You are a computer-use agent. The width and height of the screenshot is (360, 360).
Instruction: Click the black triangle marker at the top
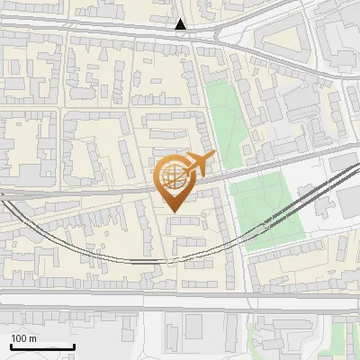click(181, 24)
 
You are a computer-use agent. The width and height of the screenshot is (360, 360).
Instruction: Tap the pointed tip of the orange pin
click(174, 211)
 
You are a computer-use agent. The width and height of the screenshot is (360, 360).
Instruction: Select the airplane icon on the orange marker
click(199, 164)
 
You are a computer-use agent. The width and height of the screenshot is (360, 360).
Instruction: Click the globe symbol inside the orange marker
click(173, 177)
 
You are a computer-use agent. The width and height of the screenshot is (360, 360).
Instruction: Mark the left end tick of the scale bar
click(11, 345)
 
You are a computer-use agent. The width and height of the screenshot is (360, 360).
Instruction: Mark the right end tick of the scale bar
click(74, 345)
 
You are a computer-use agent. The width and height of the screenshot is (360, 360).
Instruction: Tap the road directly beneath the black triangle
click(181, 37)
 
